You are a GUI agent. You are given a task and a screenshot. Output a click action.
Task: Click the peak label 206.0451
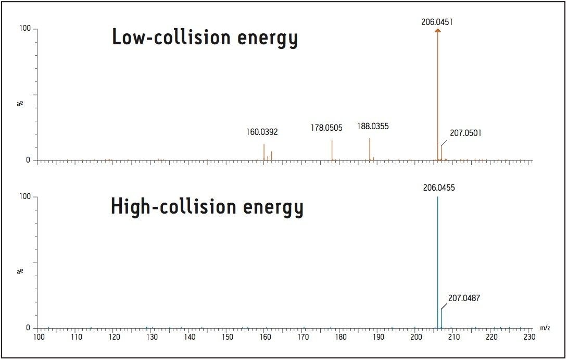pos(437,22)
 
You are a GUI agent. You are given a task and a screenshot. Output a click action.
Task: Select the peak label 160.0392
pos(262,132)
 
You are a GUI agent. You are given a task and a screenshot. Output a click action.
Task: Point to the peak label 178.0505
pos(326,128)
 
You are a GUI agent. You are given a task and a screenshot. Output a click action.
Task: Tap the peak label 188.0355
pos(373,126)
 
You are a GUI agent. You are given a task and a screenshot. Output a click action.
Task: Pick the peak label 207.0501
pos(465,133)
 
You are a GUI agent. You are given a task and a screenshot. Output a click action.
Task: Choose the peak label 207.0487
pos(464,299)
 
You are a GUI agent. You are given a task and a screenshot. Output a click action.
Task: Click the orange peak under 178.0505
pos(332,150)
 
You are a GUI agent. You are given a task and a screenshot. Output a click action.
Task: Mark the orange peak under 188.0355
pos(370,149)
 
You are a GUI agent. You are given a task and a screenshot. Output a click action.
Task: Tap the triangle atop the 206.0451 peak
pos(438,31)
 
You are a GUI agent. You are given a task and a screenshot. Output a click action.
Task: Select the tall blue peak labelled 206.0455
pos(438,260)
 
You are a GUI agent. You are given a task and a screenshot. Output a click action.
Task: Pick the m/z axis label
pos(545,328)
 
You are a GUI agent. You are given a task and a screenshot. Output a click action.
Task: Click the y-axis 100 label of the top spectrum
pos(24,29)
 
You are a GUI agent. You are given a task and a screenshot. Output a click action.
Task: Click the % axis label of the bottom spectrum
pos(21,271)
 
